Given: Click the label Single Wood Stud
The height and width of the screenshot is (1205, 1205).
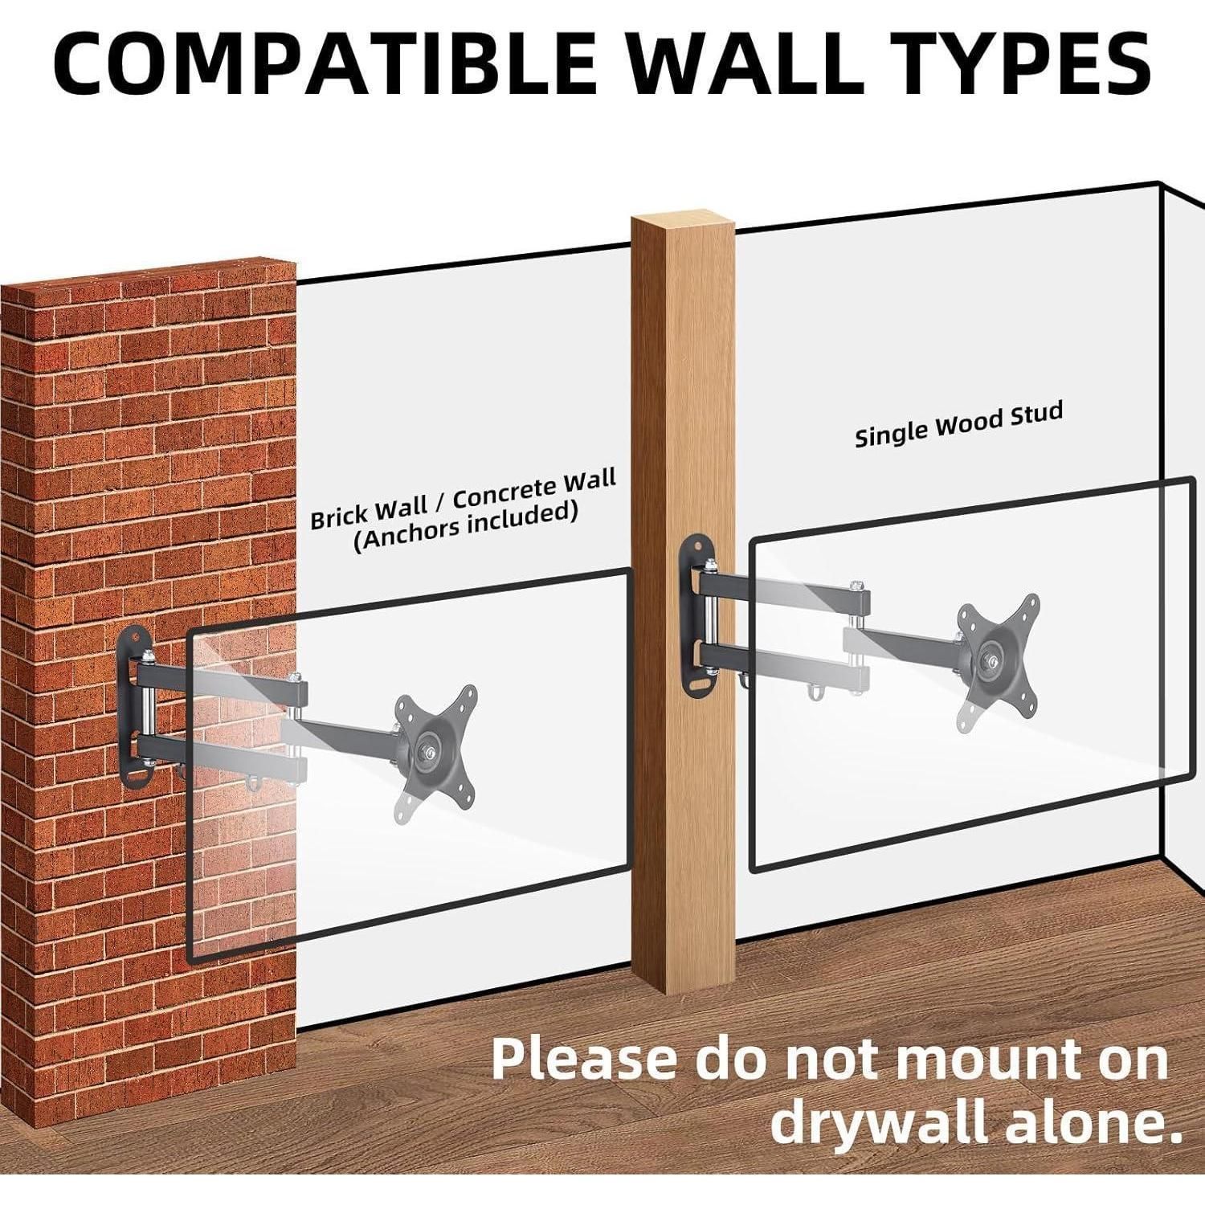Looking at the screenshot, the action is point(958,425).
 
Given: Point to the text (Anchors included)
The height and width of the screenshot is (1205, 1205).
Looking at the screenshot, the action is point(466,527).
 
